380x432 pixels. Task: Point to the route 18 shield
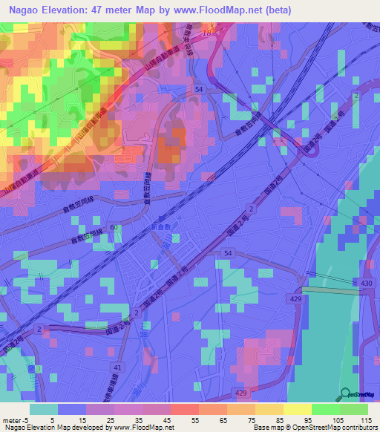(x=206, y=34)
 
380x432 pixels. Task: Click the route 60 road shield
(x=114, y=227)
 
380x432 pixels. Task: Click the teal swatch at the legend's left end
(x=43, y=409)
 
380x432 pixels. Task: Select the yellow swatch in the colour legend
(x=297, y=409)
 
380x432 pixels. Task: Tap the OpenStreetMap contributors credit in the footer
(x=334, y=428)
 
